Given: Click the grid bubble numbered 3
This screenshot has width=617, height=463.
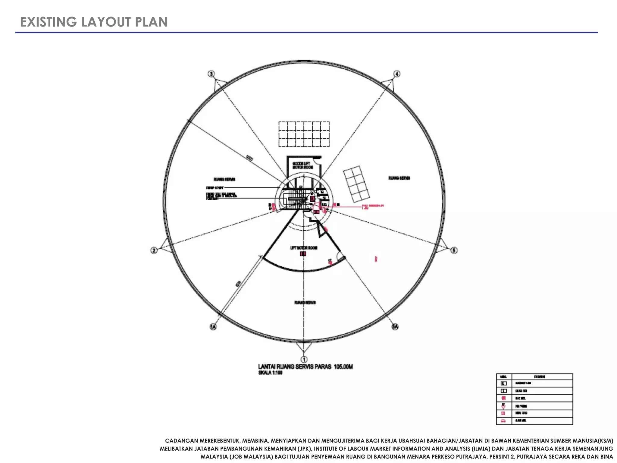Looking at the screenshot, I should [x=211, y=74].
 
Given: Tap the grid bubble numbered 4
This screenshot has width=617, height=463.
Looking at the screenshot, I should [x=397, y=74].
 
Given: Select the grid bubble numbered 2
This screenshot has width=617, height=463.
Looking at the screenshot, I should [x=154, y=250].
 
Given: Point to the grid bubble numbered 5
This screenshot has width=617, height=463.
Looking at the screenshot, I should [x=454, y=250].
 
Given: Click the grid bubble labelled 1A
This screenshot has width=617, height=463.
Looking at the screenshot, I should [x=213, y=327].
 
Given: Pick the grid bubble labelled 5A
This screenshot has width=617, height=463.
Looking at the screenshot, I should [x=395, y=327].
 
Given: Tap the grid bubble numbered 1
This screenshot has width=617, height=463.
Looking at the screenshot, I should [x=304, y=359].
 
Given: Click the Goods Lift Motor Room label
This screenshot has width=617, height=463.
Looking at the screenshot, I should [x=302, y=165].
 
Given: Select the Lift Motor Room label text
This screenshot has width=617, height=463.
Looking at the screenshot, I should [x=304, y=248].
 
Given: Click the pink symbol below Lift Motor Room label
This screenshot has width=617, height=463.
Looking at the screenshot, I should [x=303, y=254].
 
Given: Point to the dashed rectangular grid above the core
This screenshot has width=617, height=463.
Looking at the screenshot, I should [x=304, y=134].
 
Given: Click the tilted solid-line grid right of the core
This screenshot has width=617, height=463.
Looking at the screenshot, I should [x=356, y=184].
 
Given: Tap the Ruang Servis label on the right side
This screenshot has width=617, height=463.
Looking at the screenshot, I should [x=399, y=178].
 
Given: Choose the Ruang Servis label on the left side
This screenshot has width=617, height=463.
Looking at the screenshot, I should [x=224, y=179].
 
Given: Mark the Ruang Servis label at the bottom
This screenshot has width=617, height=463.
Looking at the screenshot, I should [x=305, y=302].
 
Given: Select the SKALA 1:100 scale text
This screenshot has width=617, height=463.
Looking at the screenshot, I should [x=270, y=373].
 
